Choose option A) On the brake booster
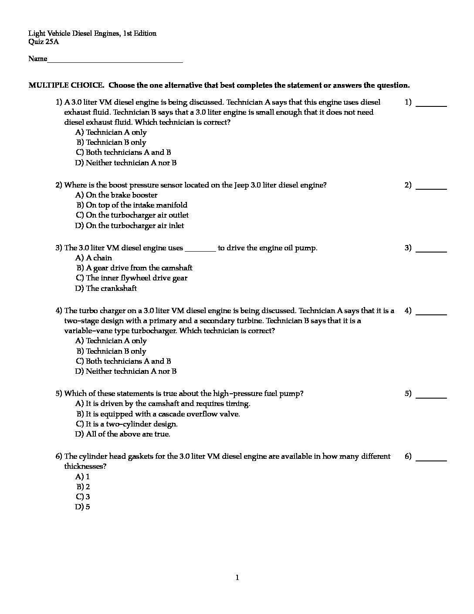coord(116,195)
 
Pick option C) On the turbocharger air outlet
coord(132,215)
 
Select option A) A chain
coord(94,258)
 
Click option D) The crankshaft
coord(106,288)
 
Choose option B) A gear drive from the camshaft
coord(134,268)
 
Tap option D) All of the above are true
coord(122,434)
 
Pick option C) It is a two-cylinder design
coord(126,424)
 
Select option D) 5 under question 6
coord(82,507)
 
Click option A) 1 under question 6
coord(82,477)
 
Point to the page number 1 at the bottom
coord(237,578)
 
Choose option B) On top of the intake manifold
coord(132,205)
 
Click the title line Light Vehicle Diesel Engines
coord(92,34)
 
